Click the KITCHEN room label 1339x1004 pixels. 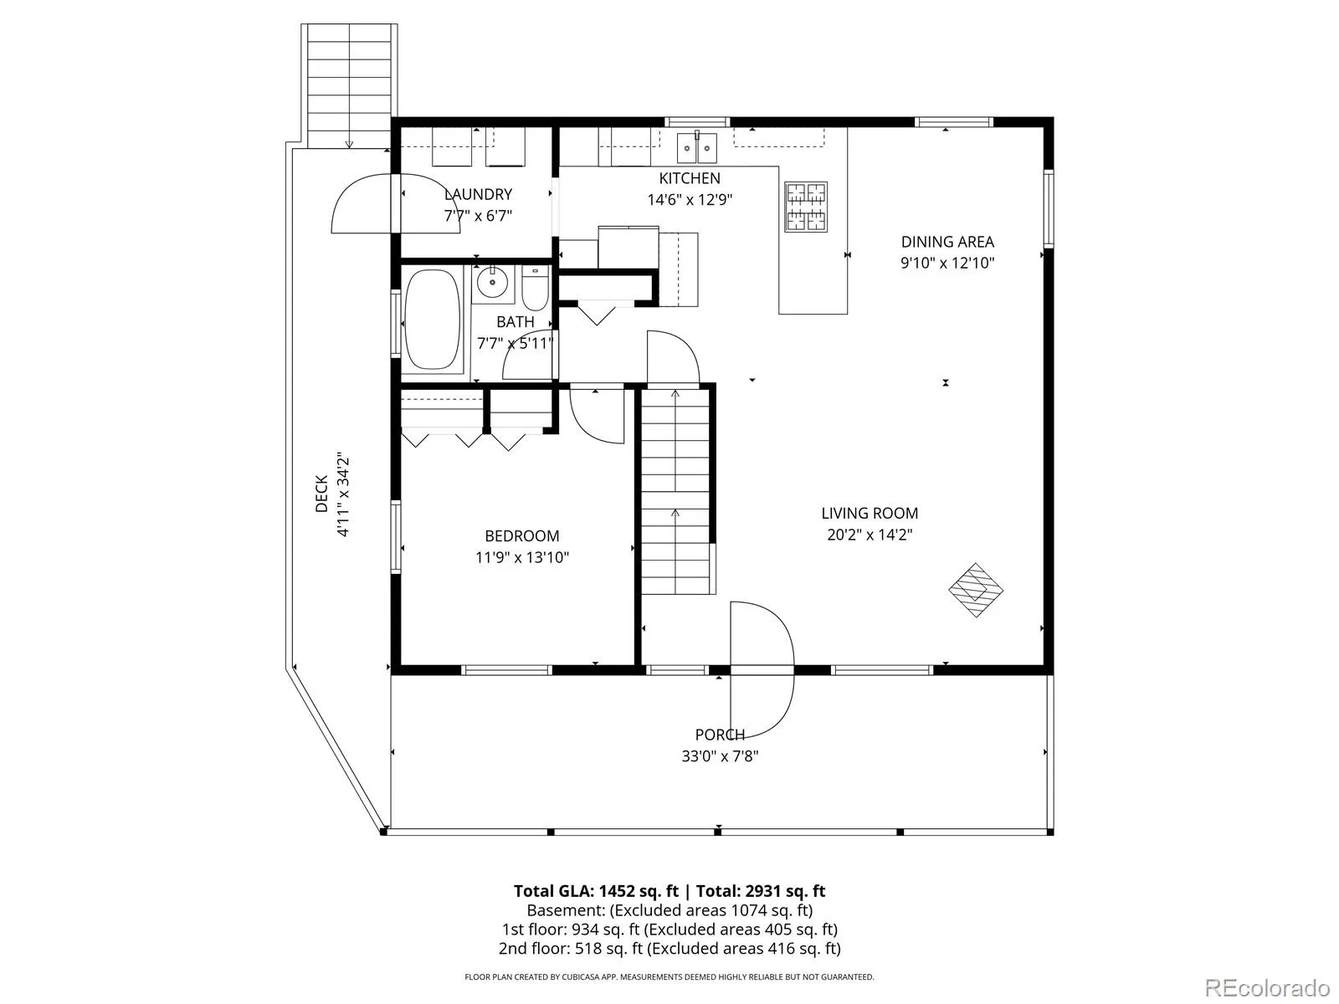[690, 178]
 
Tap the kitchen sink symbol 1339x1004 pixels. [696, 147]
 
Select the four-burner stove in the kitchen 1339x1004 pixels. [806, 207]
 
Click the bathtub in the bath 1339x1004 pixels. [433, 320]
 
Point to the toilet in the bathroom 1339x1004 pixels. [535, 289]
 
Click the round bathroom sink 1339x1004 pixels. [492, 283]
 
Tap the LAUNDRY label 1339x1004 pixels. [478, 194]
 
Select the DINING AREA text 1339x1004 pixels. [947, 242]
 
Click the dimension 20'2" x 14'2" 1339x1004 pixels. [870, 535]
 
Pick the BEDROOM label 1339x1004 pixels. [522, 535]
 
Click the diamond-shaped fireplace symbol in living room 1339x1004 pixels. [976, 590]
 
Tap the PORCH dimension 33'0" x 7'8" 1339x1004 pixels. [720, 756]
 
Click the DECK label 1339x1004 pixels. [321, 494]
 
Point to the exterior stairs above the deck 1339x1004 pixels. [349, 85]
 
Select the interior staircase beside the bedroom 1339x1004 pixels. [675, 491]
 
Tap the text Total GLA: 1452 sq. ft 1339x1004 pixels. [596, 891]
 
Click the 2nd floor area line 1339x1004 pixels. [669, 949]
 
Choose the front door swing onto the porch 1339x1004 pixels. [762, 669]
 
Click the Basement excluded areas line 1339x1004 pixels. [669, 910]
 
